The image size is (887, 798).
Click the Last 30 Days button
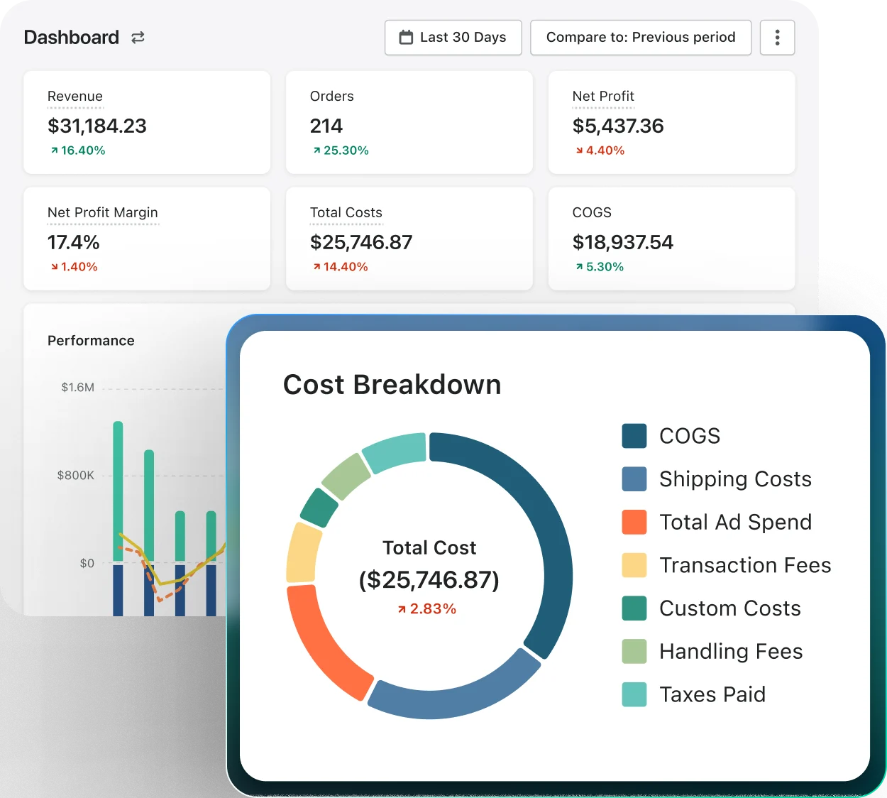pos(453,38)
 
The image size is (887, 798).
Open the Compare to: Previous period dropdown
pos(640,38)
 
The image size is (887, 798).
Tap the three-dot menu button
pos(777,38)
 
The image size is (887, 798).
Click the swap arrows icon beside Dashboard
pos(138,38)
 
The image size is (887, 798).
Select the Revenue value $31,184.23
pos(97,126)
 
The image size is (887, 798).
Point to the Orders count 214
pos(326,126)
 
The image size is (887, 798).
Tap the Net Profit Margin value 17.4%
pos(74,243)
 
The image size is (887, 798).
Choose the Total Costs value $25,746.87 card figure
pos(361,243)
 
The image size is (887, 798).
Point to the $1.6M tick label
pos(77,388)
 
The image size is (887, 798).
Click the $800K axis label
pos(75,476)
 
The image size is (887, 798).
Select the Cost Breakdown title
pos(392,385)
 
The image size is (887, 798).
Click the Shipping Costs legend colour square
pos(634,479)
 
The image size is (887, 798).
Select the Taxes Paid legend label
pos(712,694)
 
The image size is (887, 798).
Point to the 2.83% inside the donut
pos(427,609)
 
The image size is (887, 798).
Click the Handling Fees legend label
pos(731,651)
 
